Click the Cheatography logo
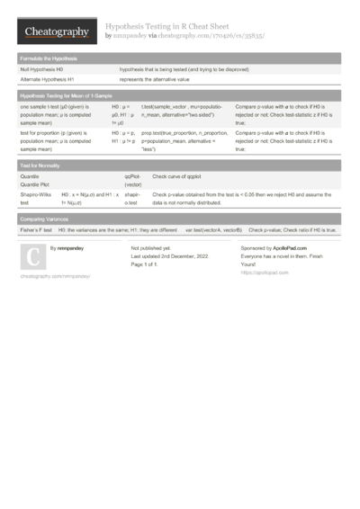[x=57, y=32]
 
